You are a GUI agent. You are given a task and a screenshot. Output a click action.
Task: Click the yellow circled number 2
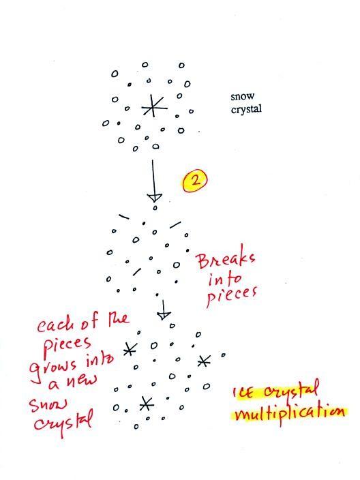[x=195, y=180]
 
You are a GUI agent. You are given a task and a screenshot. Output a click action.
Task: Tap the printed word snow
[x=243, y=96]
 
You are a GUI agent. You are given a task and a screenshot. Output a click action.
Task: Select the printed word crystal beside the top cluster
[x=246, y=109]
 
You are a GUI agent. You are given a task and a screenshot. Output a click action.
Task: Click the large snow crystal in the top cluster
[x=154, y=106]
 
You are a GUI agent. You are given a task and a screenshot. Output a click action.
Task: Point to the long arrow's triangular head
[x=155, y=197]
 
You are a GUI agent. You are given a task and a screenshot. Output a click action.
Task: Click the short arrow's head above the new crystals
[x=164, y=316]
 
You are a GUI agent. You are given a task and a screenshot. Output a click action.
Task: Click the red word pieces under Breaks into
[x=231, y=296]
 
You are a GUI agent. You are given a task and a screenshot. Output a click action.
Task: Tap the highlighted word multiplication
[x=289, y=414]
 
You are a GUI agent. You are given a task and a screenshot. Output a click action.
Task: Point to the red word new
[x=81, y=380]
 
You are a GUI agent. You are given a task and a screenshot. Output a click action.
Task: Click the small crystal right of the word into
[x=130, y=349]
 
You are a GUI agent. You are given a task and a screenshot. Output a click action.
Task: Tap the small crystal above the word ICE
[x=204, y=361]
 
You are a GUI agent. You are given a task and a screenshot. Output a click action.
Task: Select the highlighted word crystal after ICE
[x=291, y=390]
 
